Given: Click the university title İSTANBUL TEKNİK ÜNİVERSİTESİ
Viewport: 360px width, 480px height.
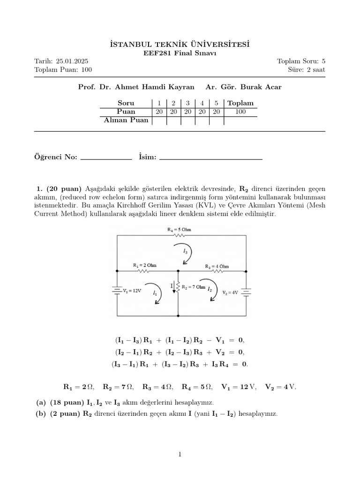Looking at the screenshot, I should click(x=180, y=44).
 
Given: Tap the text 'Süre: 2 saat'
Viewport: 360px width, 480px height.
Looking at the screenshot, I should click(x=307, y=70).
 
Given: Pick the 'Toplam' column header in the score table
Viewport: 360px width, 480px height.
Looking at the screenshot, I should click(x=240, y=103).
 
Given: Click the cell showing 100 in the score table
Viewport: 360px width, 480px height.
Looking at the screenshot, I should click(x=240, y=112).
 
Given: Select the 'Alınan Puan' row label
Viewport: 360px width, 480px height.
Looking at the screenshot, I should click(x=126, y=120).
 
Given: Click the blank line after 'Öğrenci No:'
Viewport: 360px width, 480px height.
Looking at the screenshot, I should click(x=106, y=158).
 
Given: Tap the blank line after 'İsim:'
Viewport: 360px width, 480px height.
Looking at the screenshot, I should click(x=211, y=158).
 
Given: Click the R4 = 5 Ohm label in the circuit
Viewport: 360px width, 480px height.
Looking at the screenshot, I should click(x=179, y=230).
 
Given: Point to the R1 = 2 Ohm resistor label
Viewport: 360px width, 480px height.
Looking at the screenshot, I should click(x=144, y=265).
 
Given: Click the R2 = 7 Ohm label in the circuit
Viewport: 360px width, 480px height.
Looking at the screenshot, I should click(x=193, y=287).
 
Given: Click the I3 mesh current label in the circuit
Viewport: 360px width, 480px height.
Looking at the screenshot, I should click(x=186, y=252).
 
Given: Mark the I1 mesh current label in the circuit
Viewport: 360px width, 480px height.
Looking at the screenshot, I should click(x=155, y=292).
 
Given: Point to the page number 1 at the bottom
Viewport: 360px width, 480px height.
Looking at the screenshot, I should click(x=180, y=454).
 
